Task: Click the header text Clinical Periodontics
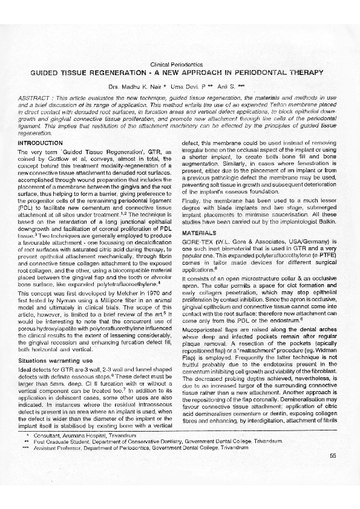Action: pos(180,64)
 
